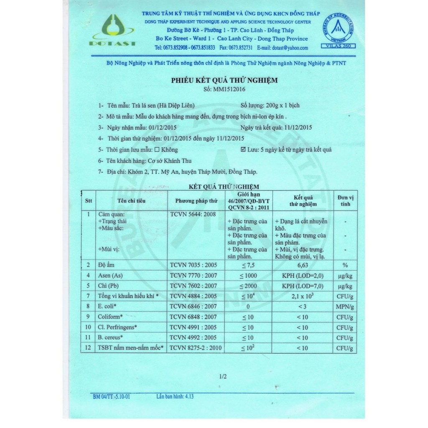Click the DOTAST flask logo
112,29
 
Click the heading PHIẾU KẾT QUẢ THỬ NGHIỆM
224,80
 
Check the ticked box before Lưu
244,149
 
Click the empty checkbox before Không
157,150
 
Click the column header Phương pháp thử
196,201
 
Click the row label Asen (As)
110,276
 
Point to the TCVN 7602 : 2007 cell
194,286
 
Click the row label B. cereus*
112,338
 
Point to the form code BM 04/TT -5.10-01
112,397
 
